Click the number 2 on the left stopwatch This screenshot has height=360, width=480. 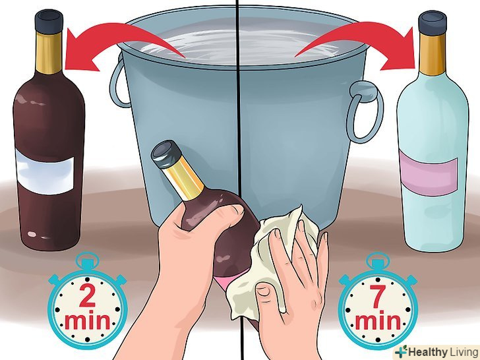click(87, 295)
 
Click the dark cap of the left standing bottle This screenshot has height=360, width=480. click(49, 21)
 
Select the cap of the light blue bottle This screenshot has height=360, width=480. click(433, 22)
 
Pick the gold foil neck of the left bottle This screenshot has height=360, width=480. click(49, 52)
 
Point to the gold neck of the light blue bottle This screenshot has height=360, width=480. click(433, 54)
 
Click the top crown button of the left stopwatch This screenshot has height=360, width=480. click(88, 258)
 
